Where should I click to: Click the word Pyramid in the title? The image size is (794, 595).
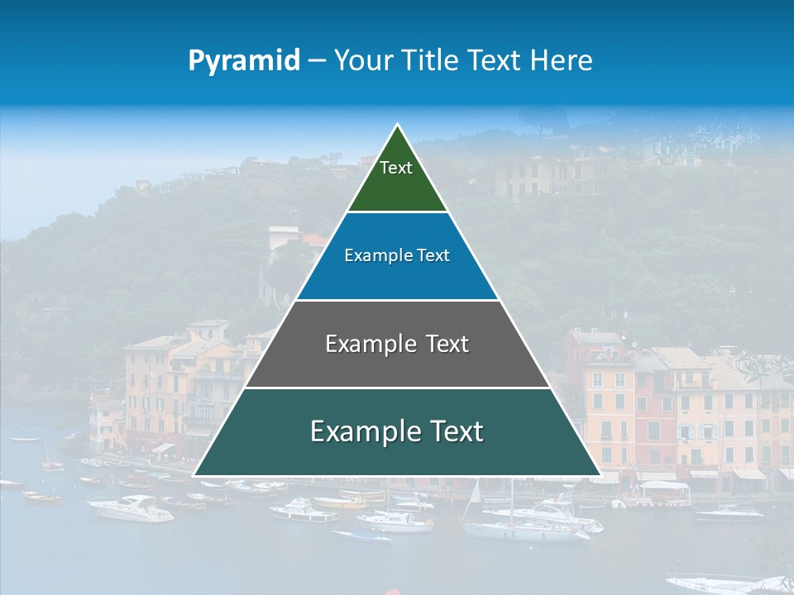[x=244, y=60]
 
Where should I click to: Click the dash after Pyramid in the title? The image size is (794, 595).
[x=317, y=61]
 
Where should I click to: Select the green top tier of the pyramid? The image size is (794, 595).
[x=397, y=178]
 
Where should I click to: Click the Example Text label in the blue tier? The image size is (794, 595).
[x=397, y=255]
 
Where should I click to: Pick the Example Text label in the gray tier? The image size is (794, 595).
[x=397, y=344]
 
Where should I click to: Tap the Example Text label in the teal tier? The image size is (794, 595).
[x=397, y=431]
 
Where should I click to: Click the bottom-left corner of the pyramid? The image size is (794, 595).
[x=195, y=475]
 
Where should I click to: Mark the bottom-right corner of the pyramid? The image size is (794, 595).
[x=600, y=475]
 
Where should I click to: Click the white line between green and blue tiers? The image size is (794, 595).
[x=397, y=212]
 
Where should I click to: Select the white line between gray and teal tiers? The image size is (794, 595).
[x=397, y=388]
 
